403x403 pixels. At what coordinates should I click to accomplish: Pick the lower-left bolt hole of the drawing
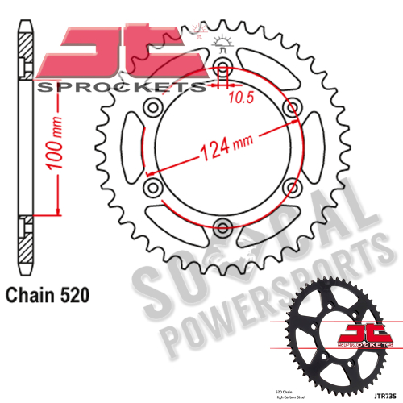(152, 186)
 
